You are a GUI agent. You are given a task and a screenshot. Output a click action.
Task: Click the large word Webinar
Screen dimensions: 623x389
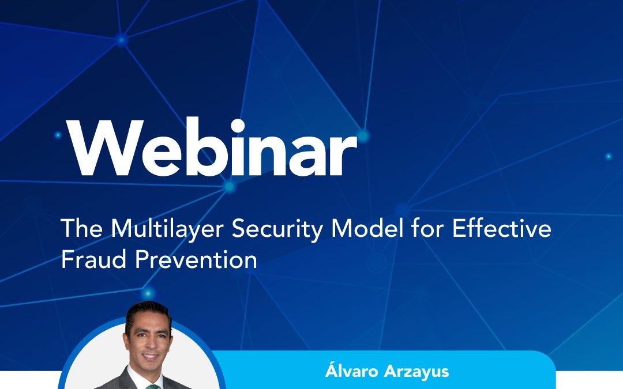tap(212, 146)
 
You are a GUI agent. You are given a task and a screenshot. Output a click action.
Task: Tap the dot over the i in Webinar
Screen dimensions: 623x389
tap(237, 126)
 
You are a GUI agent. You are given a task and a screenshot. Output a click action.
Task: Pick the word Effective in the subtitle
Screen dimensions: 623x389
tap(502, 228)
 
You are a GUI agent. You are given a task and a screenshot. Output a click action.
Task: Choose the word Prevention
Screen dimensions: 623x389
tap(196, 259)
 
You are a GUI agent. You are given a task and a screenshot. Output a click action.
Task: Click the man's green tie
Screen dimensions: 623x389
tap(152, 386)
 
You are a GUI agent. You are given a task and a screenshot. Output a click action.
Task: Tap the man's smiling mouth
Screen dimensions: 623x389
tap(151, 357)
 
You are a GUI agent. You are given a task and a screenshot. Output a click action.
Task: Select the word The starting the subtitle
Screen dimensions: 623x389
tap(82, 228)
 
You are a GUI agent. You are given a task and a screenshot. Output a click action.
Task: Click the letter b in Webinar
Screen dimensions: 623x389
tap(207, 147)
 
